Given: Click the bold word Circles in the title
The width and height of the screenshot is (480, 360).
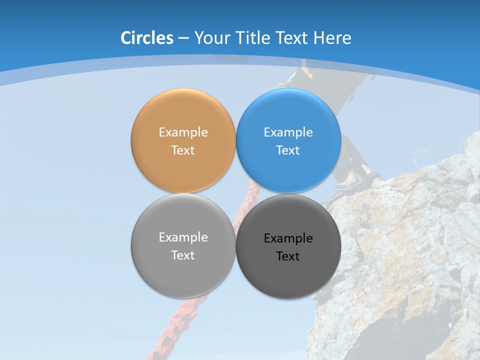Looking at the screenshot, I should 147,38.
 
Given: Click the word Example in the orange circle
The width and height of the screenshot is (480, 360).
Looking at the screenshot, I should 183,132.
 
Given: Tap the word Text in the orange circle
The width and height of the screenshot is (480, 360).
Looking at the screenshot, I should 183,150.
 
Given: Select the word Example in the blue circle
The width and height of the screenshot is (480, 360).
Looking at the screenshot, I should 288,132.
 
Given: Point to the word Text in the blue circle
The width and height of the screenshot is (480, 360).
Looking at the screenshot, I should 288,150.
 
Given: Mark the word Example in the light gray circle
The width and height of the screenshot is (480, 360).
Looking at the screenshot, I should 183,237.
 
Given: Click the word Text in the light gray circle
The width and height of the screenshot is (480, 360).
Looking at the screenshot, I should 183,255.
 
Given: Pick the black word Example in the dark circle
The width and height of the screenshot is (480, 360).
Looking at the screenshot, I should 288,238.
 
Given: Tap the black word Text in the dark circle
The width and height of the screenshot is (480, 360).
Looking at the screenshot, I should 288,256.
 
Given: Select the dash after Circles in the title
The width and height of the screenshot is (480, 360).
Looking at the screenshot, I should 183,38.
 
